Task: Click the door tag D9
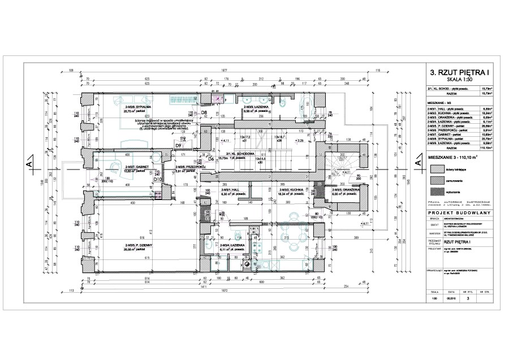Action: (x=178, y=146)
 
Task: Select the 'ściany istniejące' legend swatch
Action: (x=436, y=168)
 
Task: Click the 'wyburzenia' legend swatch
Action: (x=436, y=192)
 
